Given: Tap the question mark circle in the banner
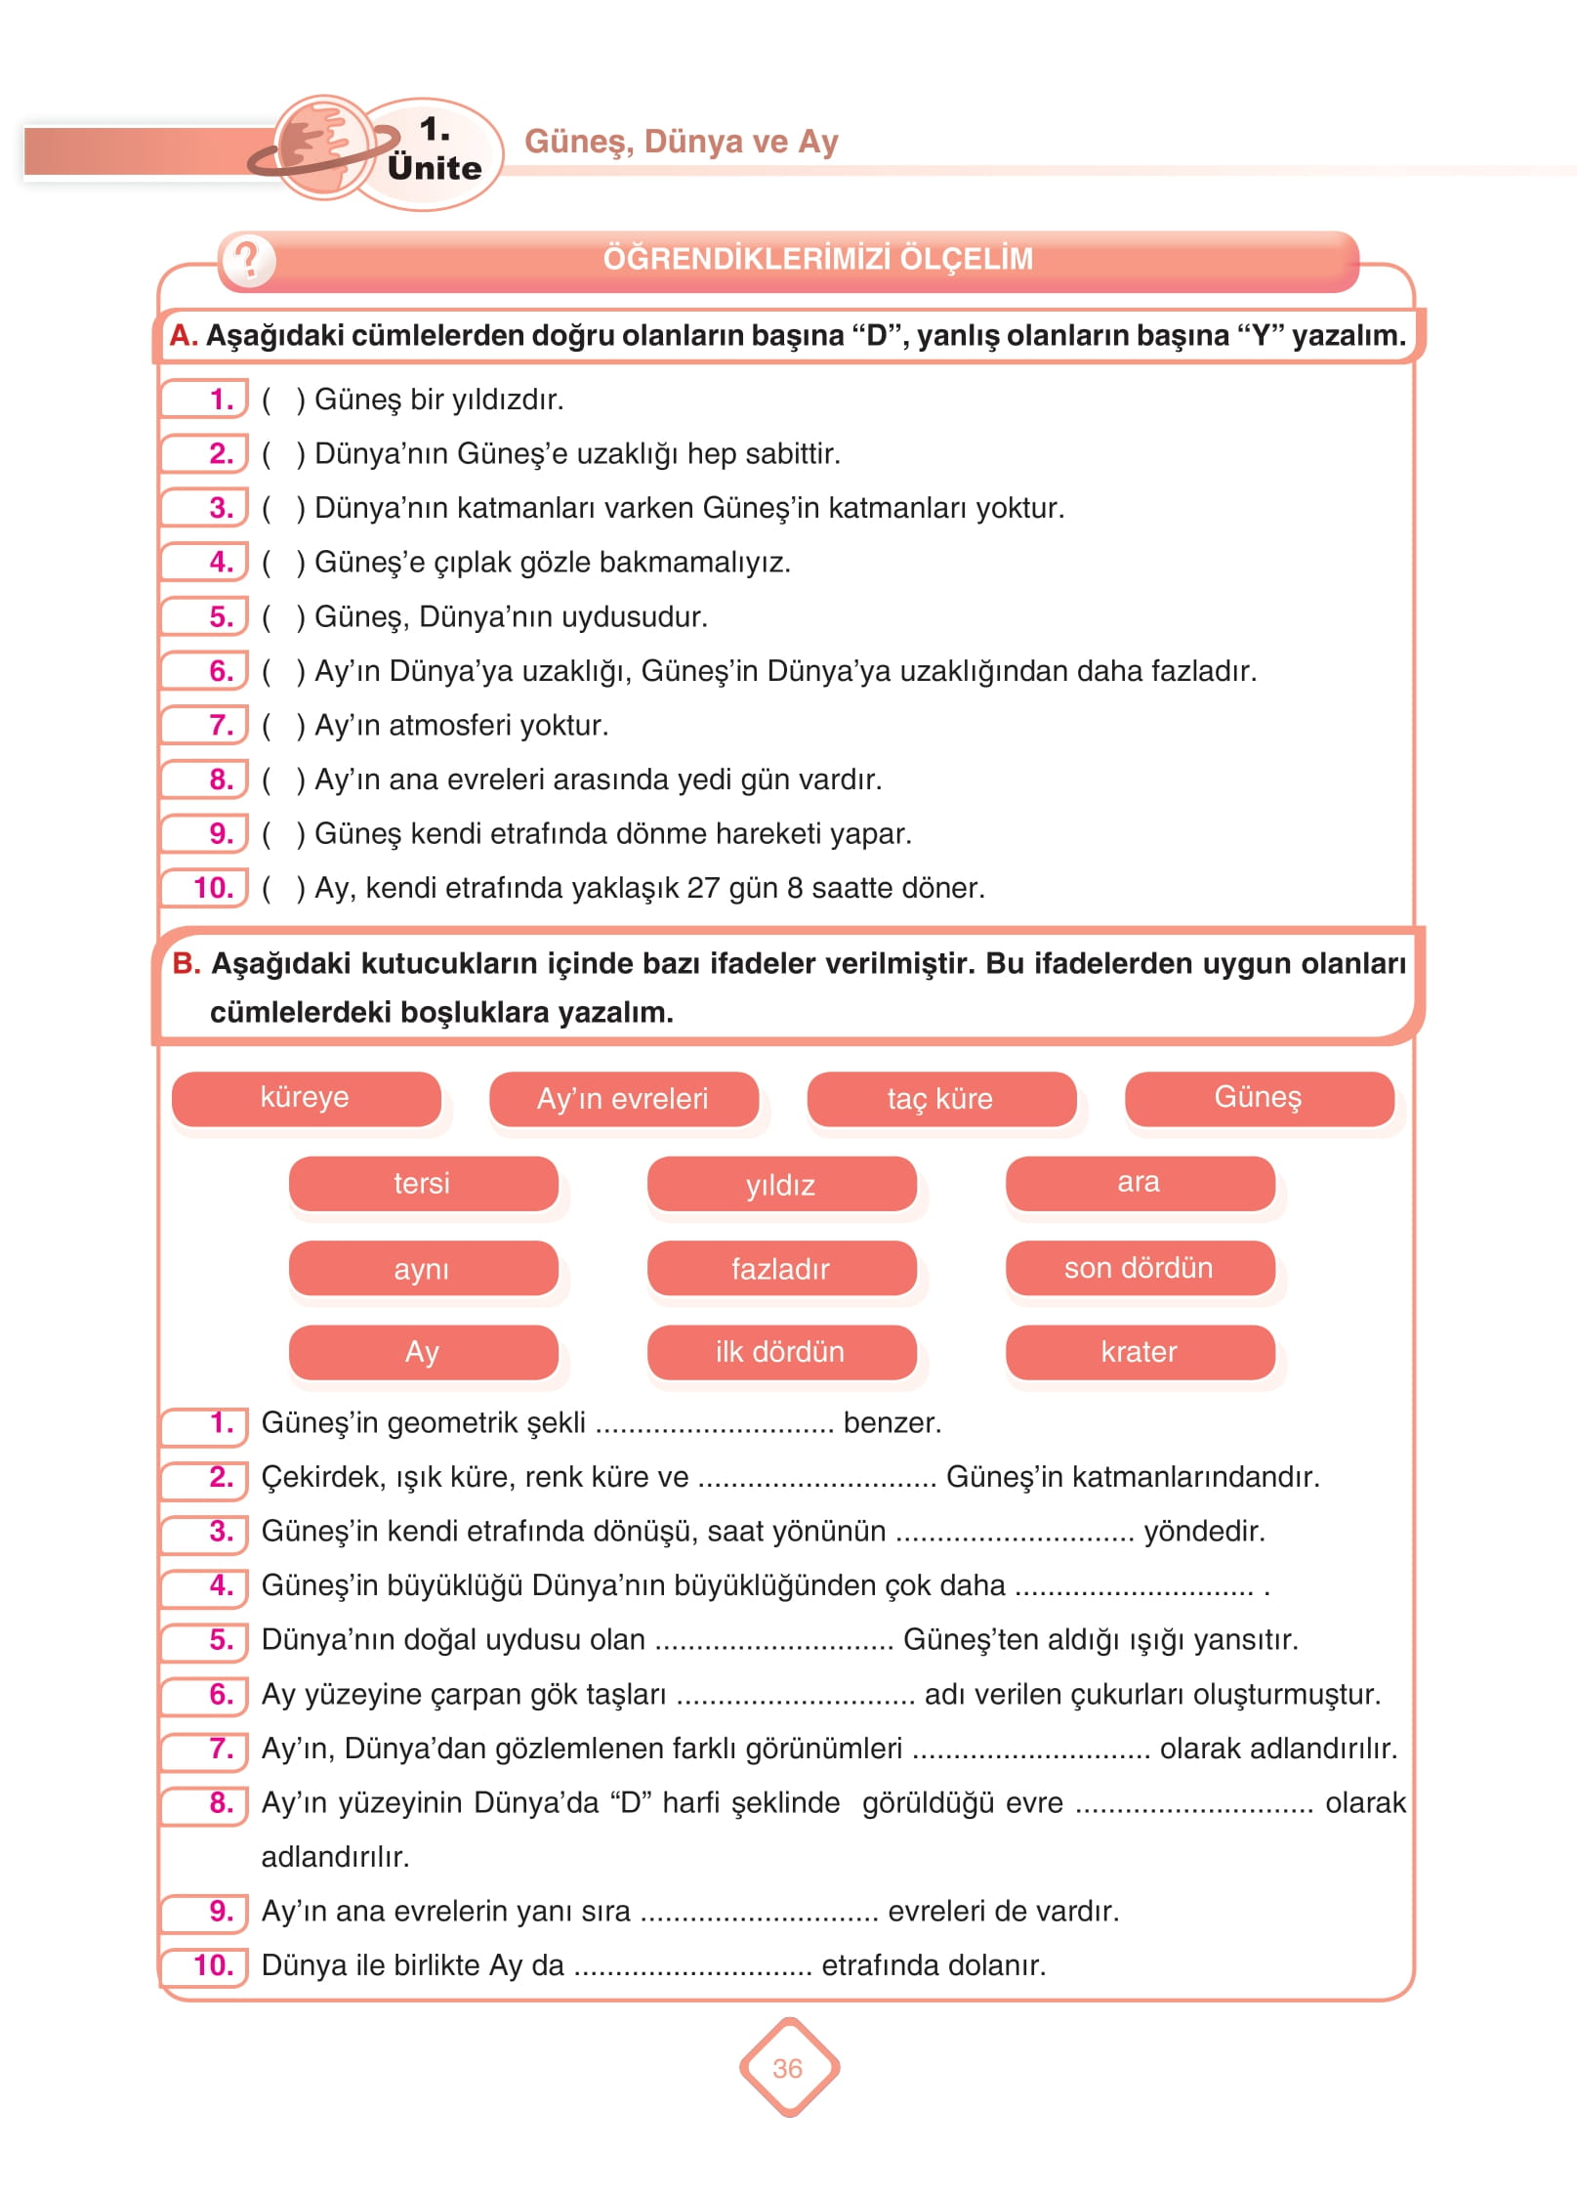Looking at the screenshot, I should pos(248,260).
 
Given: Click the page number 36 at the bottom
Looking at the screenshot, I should pos(787,2068).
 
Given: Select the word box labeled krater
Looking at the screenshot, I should pos(1140,1352).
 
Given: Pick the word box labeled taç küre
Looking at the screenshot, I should pos(940,1099).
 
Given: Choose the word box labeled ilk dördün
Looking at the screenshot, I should pos(780,1352).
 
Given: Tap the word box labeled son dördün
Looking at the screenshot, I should pos(1140,1268).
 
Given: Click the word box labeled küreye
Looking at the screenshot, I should pos(306,1098).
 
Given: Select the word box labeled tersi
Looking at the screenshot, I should pos(422,1184).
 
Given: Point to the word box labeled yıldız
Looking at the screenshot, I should pos(780,1184).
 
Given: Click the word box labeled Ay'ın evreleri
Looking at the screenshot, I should pos(623,1099).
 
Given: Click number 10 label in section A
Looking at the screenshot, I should pos(213,888).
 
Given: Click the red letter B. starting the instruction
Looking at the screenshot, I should pos(186,963).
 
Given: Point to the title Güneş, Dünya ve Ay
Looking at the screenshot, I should pos(681,142).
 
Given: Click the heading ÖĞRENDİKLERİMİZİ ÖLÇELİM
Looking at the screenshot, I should pos(817,259).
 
